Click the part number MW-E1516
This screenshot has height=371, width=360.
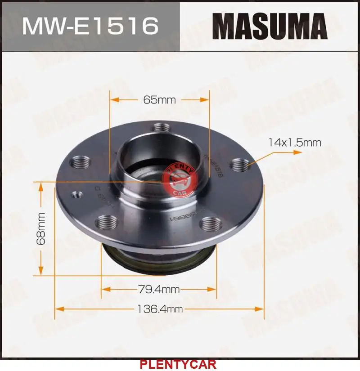(90, 26)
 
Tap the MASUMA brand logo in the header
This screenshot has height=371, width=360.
(270, 26)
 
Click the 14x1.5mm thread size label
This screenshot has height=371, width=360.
(294, 143)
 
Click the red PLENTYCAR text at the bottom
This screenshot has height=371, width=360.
(178, 364)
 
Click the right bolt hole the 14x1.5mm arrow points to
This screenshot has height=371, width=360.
(238, 165)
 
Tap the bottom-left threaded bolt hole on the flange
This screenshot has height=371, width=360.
(107, 222)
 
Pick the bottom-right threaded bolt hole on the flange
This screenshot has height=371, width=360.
(210, 223)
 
